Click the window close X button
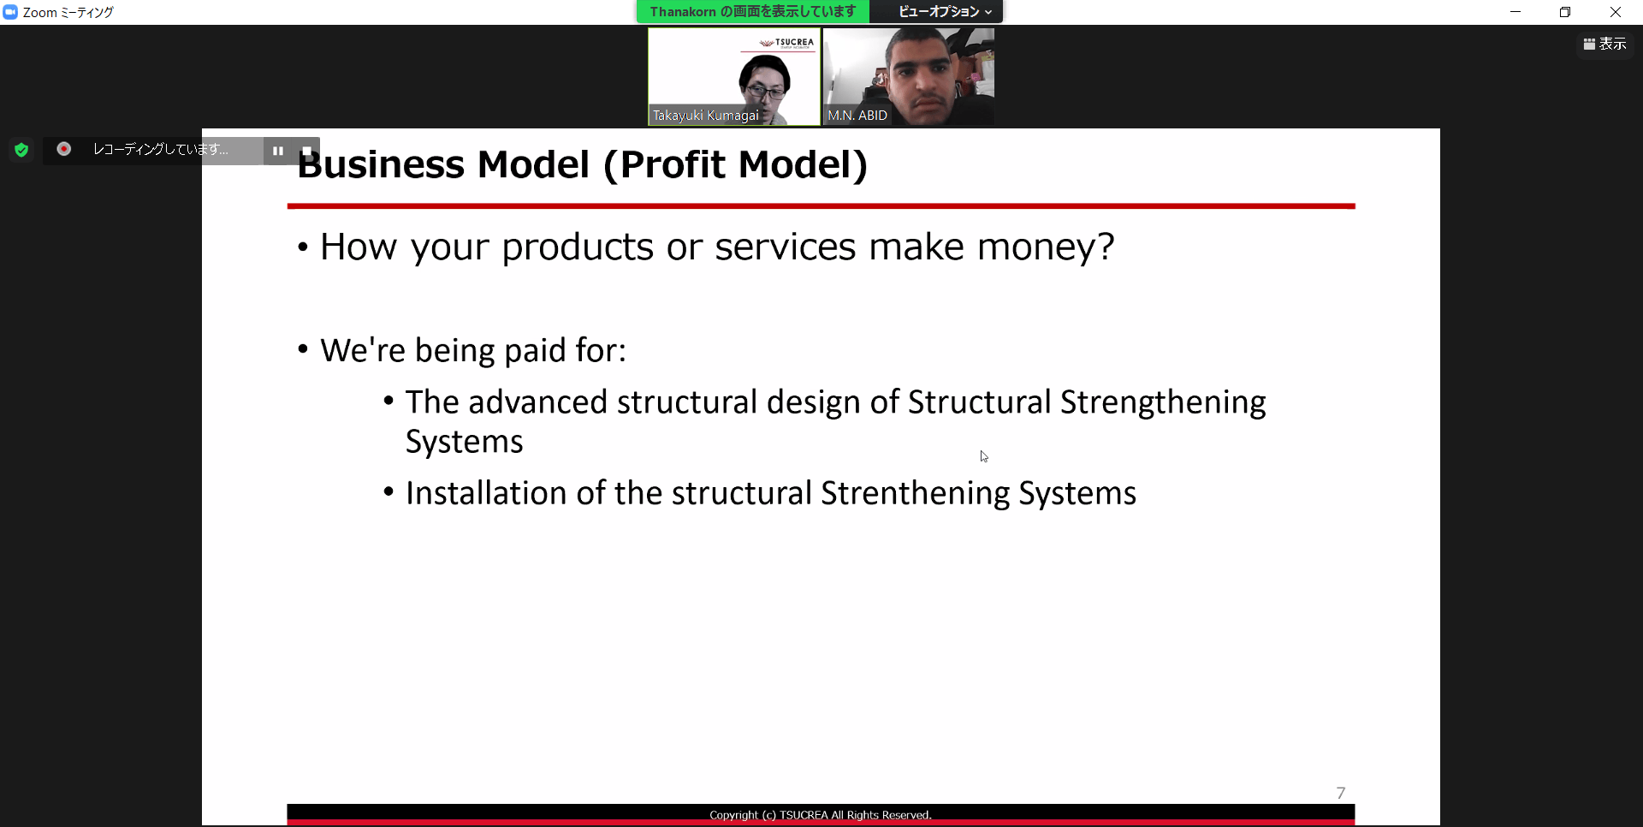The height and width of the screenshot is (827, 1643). click(1616, 12)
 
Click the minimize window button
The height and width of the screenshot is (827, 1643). click(1515, 12)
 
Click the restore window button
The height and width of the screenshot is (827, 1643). click(1565, 12)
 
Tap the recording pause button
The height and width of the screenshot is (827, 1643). click(278, 151)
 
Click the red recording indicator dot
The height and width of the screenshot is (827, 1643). click(63, 149)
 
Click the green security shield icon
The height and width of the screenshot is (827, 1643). click(21, 151)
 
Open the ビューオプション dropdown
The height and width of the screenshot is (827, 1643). click(945, 12)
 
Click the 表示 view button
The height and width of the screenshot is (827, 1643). click(1605, 44)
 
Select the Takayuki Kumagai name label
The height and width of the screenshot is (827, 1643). click(706, 116)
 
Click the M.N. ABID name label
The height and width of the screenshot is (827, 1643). click(857, 116)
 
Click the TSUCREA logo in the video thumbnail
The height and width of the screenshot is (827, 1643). click(787, 43)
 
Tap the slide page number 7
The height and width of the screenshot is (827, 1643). click(1341, 793)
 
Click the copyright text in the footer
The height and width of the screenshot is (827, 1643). click(821, 815)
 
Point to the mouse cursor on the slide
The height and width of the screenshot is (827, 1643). click(984, 456)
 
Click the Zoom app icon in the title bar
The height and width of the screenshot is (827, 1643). click(10, 12)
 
